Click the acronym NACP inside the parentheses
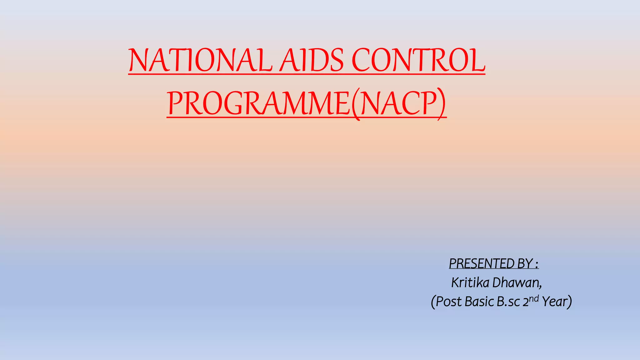point(398,103)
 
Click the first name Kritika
point(470,282)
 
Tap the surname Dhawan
point(516,282)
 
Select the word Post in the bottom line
point(449,302)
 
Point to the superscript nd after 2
point(534,298)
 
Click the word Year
point(554,302)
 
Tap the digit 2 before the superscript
point(526,302)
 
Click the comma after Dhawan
point(540,286)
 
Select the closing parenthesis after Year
point(570,302)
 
